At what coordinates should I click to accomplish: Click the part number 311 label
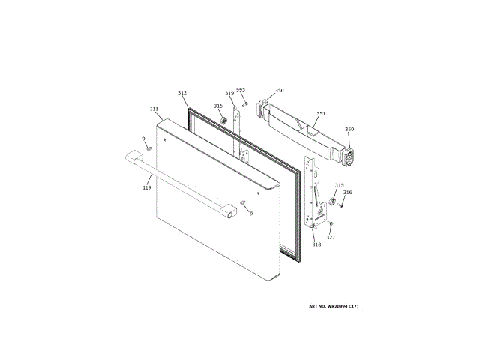click(x=153, y=109)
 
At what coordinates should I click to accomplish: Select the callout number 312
click(x=181, y=93)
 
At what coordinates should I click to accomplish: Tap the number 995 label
click(x=241, y=90)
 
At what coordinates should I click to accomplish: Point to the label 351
click(x=320, y=114)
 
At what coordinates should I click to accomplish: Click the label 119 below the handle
click(x=147, y=187)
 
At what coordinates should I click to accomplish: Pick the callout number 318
click(x=316, y=244)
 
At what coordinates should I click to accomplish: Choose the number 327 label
click(x=331, y=237)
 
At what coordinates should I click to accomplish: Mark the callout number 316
click(x=347, y=193)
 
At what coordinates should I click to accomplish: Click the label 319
click(x=229, y=94)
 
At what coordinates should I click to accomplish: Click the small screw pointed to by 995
click(x=244, y=103)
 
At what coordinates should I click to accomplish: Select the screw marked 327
click(x=331, y=223)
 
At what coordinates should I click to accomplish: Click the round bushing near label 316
click(x=332, y=201)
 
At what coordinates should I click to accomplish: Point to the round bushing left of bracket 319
click(x=223, y=122)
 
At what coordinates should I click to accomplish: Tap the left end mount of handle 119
click(x=133, y=158)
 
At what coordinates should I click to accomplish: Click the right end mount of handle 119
click(x=226, y=214)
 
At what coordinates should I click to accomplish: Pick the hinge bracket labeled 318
click(x=314, y=195)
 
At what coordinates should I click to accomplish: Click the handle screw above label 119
click(x=149, y=148)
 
